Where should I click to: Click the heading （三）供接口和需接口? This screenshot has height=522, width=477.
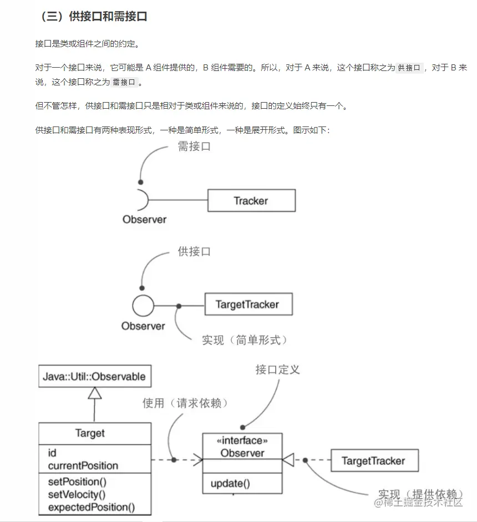coord(94,17)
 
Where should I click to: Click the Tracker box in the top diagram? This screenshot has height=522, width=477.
coord(251,200)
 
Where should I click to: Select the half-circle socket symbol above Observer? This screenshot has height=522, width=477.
coord(142,200)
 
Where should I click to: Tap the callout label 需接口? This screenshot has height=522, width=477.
coord(194,147)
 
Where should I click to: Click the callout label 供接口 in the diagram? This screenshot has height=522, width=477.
coord(194,251)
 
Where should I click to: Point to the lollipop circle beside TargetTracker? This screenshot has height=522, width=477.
coord(143,306)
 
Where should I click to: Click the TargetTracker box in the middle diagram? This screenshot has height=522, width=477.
coord(247,304)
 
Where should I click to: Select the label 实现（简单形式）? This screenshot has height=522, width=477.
coord(245,339)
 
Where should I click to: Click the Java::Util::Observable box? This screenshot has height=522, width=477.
coord(94,377)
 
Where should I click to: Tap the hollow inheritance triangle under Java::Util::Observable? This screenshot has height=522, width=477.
coord(94,393)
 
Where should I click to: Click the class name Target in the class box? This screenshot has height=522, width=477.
coord(90,433)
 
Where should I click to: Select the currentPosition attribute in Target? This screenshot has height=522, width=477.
coord(83,465)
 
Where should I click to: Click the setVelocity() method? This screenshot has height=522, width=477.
coord(77,494)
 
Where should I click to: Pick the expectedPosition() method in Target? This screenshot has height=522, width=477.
coord(91,507)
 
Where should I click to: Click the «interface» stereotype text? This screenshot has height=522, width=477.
coord(242,441)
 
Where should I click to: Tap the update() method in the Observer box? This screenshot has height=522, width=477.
coord(230,483)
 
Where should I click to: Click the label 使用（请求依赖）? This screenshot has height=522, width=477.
coord(185,403)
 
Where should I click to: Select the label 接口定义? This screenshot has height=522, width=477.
coord(277,369)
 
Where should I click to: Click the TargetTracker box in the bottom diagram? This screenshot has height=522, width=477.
coord(373,460)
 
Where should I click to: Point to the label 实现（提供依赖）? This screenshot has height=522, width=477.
coord(421,494)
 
